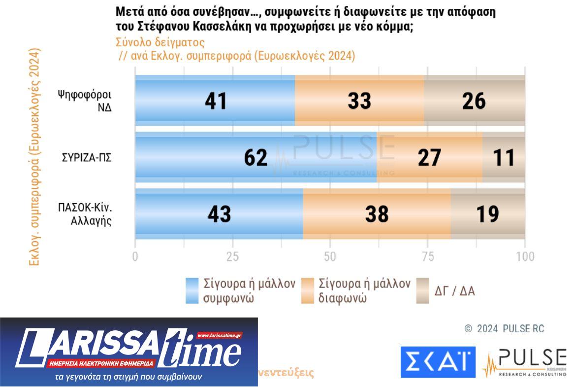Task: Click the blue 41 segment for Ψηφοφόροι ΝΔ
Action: click(x=215, y=101)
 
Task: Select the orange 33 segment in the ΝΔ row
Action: click(x=359, y=101)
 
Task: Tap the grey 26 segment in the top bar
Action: click(x=474, y=101)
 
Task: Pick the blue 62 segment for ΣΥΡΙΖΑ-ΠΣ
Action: click(x=255, y=157)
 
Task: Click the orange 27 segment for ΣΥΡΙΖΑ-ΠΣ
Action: click(x=429, y=157)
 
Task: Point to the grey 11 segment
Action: click(x=504, y=157)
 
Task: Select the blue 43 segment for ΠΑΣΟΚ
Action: click(x=219, y=214)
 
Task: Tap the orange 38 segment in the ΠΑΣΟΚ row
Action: click(x=377, y=214)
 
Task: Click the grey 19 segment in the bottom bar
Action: click(x=487, y=214)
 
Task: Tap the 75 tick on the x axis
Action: click(x=427, y=256)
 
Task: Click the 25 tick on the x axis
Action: click(x=232, y=256)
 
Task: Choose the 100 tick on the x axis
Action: click(x=525, y=256)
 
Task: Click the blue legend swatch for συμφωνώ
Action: click(x=192, y=290)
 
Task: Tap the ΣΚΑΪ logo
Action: click(x=438, y=362)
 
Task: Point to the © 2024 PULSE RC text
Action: click(x=504, y=328)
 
